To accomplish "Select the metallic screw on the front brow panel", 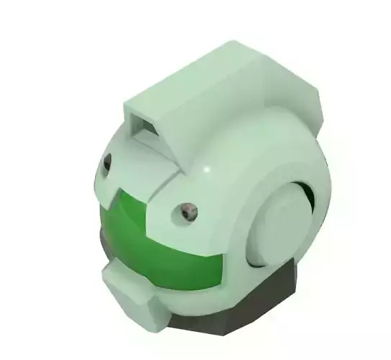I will click(189, 210).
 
